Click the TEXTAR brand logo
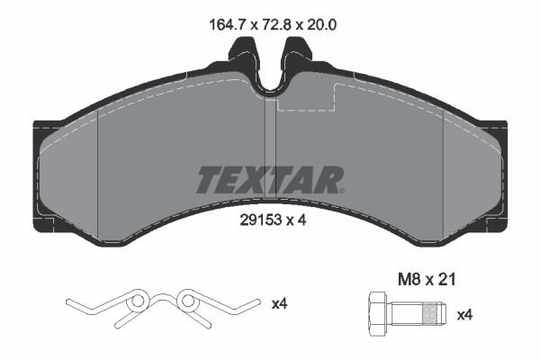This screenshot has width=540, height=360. [269, 180]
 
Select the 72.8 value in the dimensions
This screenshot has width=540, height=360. [265, 26]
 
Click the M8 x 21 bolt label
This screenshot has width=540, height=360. [428, 281]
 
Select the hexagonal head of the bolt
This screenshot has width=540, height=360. [376, 314]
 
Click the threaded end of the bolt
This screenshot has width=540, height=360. [434, 314]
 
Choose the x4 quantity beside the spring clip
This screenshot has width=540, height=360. [280, 304]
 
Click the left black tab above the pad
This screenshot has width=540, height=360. [241, 62]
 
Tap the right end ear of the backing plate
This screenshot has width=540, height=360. [498, 171]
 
